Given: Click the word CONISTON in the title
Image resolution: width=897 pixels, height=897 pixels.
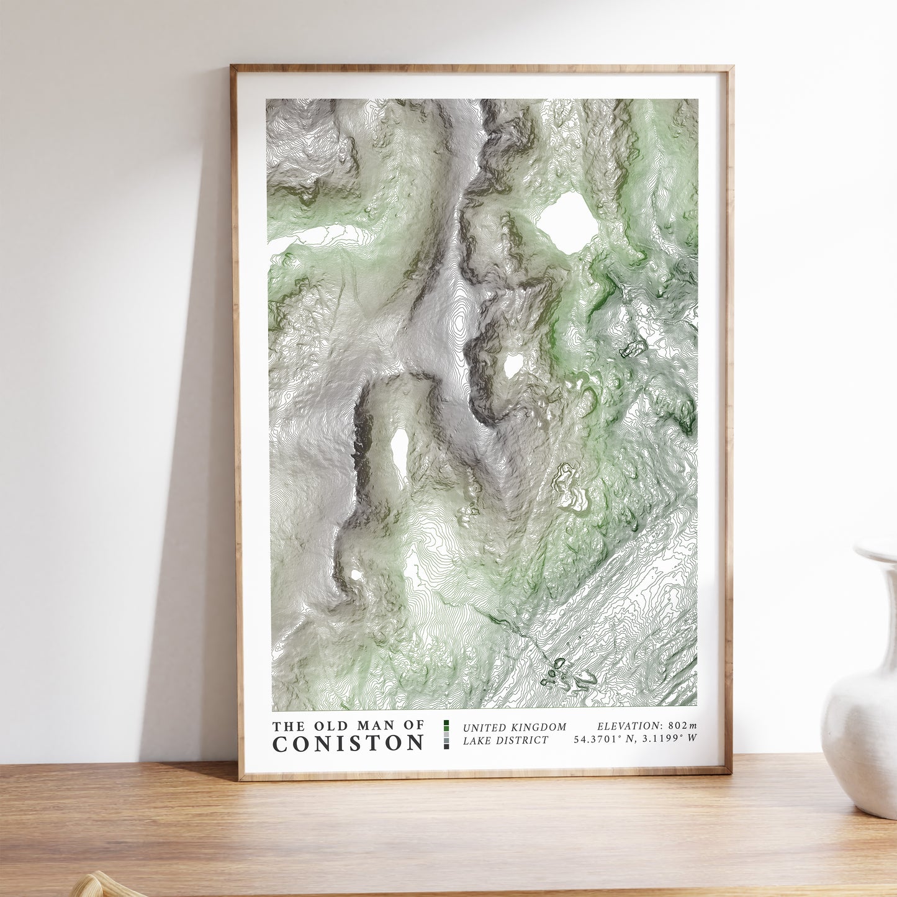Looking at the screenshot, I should pos(348,743).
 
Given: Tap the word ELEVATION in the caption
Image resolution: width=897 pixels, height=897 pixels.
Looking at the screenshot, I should pos(628,726).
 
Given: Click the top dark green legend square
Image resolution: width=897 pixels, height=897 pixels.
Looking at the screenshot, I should pos(446,723).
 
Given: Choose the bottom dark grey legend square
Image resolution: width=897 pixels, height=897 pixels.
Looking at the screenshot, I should pos(446,746).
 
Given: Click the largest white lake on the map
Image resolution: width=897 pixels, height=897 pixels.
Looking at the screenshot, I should pos(568,222).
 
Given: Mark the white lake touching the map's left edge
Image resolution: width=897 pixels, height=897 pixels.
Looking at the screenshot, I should pos(307,238).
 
